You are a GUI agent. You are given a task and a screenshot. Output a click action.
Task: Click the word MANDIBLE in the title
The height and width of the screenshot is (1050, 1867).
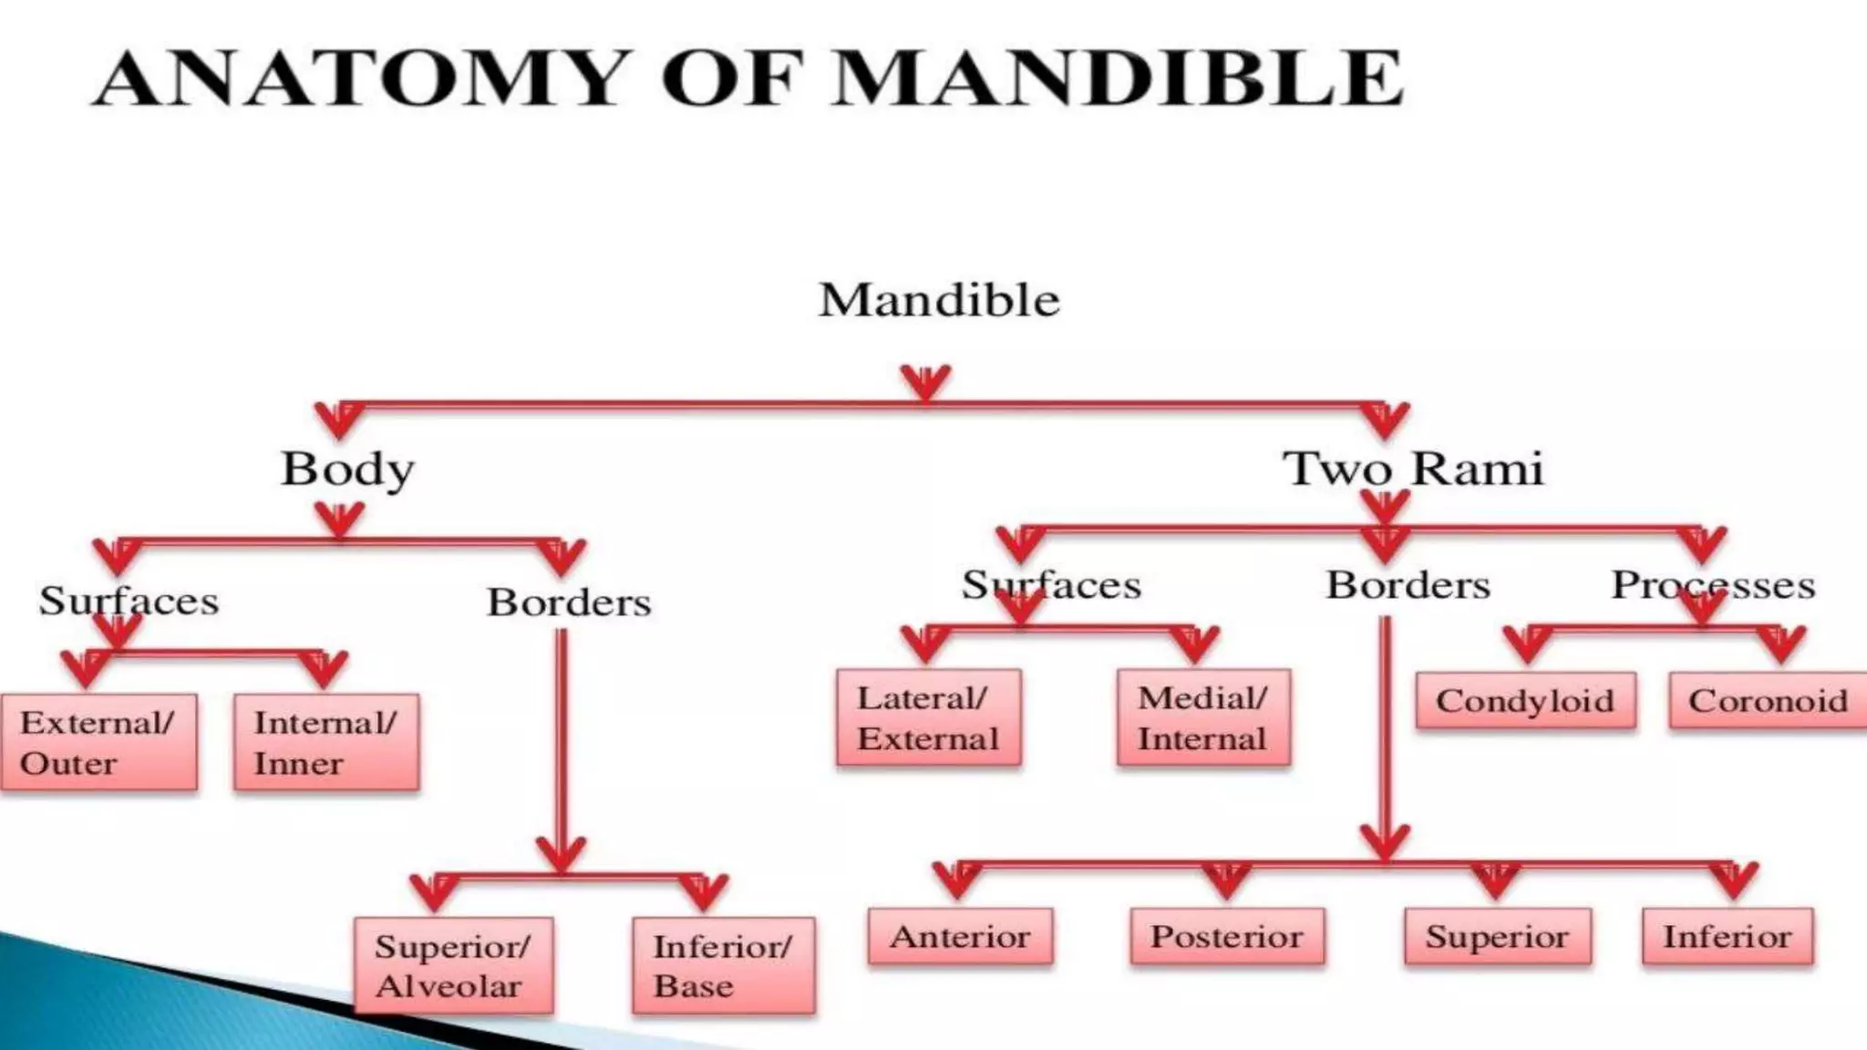(x=1118, y=78)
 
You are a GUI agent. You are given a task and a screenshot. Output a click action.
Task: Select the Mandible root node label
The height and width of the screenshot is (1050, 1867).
(x=939, y=300)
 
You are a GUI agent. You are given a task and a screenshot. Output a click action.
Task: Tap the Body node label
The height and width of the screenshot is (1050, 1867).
(x=347, y=469)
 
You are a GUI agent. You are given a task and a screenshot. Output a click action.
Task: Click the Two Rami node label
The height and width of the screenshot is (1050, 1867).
(x=1413, y=469)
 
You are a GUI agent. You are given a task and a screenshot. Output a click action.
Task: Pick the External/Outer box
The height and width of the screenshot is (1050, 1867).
(x=98, y=742)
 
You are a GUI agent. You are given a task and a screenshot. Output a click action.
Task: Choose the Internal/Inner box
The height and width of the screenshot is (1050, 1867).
(x=326, y=742)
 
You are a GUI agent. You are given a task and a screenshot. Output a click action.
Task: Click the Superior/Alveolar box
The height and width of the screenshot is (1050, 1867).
(x=453, y=965)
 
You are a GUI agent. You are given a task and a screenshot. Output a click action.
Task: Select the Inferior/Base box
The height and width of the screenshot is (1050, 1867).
(x=724, y=965)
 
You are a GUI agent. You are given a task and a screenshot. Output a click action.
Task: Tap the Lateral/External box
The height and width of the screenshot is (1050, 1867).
(x=928, y=717)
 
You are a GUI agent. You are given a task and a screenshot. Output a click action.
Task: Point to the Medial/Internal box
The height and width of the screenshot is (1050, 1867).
(x=1203, y=717)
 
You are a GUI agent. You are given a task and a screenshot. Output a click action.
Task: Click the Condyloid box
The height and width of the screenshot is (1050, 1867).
(x=1525, y=700)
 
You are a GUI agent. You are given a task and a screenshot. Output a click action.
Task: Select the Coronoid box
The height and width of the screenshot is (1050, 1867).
(x=1768, y=700)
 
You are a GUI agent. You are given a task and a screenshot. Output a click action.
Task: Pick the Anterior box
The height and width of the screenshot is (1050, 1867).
(x=960, y=936)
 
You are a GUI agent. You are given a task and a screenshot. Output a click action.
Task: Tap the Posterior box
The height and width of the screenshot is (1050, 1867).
(x=1227, y=936)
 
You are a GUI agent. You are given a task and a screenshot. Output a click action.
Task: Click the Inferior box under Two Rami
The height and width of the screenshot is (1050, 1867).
(x=1728, y=936)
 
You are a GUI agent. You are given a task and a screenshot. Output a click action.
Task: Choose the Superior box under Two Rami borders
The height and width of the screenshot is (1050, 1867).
(x=1497, y=936)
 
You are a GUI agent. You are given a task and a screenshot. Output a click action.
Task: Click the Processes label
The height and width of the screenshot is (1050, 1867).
(x=1713, y=584)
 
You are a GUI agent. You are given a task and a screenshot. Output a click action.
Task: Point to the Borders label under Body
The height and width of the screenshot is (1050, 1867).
(x=569, y=602)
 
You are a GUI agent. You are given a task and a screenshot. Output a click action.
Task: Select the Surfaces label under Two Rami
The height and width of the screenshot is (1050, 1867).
(x=1051, y=584)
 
